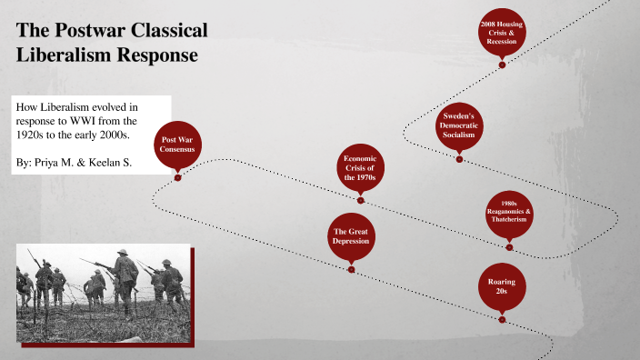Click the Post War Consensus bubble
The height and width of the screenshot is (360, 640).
(x=177, y=145)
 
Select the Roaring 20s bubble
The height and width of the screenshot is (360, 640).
(x=502, y=288)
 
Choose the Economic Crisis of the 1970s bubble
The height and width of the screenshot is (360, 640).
(x=359, y=168)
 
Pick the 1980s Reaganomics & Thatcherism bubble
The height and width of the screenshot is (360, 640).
(x=509, y=213)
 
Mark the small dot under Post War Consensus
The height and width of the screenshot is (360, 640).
(x=177, y=177)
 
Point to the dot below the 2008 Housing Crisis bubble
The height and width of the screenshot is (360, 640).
(x=502, y=65)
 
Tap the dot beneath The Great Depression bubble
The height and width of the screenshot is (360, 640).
(x=351, y=269)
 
